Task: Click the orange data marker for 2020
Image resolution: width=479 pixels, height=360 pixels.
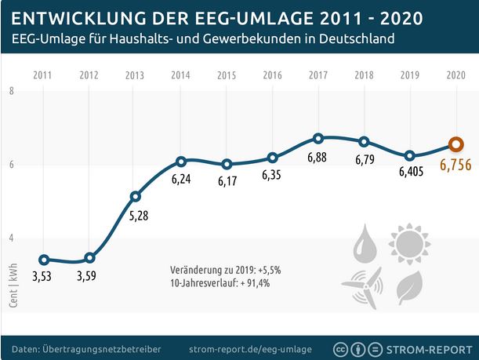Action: click(x=454, y=144)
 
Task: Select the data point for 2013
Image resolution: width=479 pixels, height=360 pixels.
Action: click(x=136, y=196)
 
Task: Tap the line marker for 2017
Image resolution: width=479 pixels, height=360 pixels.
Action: click(x=318, y=138)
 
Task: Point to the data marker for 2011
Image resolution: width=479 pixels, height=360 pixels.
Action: click(x=44, y=260)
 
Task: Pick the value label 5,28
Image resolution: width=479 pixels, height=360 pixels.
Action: click(x=136, y=216)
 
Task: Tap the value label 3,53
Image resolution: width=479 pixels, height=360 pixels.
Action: click(x=44, y=277)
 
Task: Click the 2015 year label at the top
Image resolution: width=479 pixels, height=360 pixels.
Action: click(x=227, y=75)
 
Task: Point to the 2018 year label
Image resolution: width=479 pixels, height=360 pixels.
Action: click(x=364, y=75)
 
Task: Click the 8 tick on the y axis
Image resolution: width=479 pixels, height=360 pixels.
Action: click(x=12, y=92)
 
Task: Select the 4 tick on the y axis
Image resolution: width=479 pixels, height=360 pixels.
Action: click(x=12, y=238)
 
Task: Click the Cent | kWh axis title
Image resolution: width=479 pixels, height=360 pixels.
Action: click(x=13, y=285)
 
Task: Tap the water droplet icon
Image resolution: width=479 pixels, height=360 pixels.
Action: click(x=365, y=245)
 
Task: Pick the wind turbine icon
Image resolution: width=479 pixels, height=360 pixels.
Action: click(x=364, y=286)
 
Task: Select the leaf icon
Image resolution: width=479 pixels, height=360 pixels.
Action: click(x=408, y=287)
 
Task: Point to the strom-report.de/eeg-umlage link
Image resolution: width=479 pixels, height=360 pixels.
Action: click(x=251, y=348)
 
